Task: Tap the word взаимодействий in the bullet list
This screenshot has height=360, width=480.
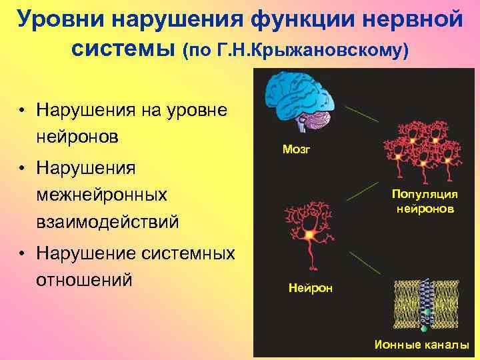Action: pyautogui.click(x=108, y=222)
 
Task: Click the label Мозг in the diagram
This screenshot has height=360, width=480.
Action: pyautogui.click(x=296, y=149)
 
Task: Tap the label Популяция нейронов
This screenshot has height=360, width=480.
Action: pyautogui.click(x=425, y=201)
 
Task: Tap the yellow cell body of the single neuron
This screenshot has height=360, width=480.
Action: pyautogui.click(x=309, y=235)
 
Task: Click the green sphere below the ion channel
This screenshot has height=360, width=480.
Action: pyautogui.click(x=423, y=329)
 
